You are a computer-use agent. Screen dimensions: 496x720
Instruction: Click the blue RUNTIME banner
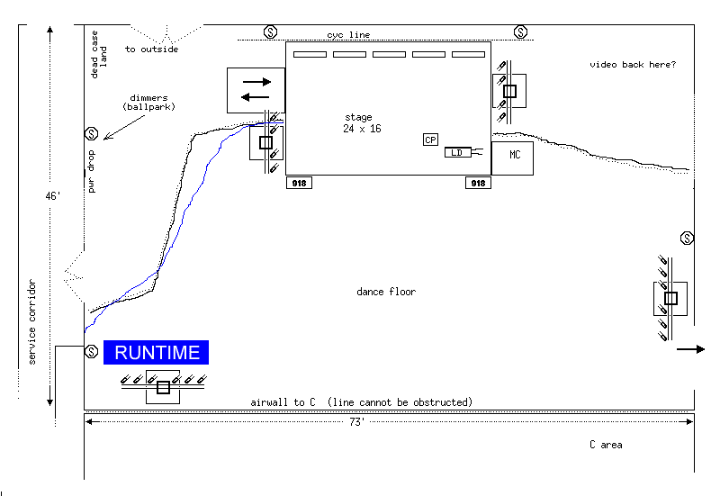click(x=157, y=352)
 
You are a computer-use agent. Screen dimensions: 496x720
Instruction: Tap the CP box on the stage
click(x=430, y=140)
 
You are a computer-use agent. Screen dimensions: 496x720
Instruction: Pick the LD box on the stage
click(x=457, y=152)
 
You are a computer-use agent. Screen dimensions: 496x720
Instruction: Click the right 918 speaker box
click(x=478, y=183)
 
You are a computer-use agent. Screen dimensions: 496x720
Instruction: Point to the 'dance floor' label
click(x=386, y=292)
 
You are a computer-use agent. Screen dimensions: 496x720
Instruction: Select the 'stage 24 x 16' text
click(x=361, y=123)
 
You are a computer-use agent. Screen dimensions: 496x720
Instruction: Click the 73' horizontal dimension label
click(x=356, y=421)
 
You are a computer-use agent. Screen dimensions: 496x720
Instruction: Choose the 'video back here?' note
click(x=633, y=65)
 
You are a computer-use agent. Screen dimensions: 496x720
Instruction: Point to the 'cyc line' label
click(x=348, y=35)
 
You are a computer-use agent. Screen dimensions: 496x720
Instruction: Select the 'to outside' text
click(x=151, y=50)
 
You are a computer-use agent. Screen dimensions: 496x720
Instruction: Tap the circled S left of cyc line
click(x=270, y=32)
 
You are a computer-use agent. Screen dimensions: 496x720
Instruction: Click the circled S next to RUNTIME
click(x=91, y=351)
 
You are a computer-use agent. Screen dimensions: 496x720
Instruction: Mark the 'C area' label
click(x=606, y=445)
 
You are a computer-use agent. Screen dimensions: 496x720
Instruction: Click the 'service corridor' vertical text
click(x=31, y=321)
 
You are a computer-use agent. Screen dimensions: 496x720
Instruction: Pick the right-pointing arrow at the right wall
click(x=691, y=349)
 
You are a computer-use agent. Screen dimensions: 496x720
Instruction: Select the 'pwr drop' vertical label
click(x=93, y=174)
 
